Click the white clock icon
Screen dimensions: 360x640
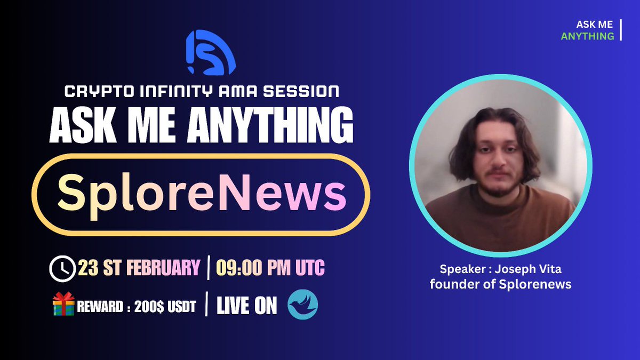click(62, 268)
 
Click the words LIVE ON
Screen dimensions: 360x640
click(246, 306)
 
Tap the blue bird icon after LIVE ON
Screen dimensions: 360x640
click(302, 306)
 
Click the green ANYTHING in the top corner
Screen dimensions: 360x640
click(587, 36)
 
